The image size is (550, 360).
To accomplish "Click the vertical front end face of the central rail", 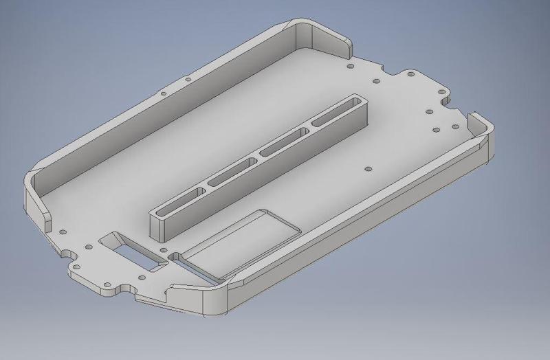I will [x=159, y=226].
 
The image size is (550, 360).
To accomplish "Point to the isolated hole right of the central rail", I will [x=368, y=166].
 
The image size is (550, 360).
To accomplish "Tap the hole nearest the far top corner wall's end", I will [x=350, y=67].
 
